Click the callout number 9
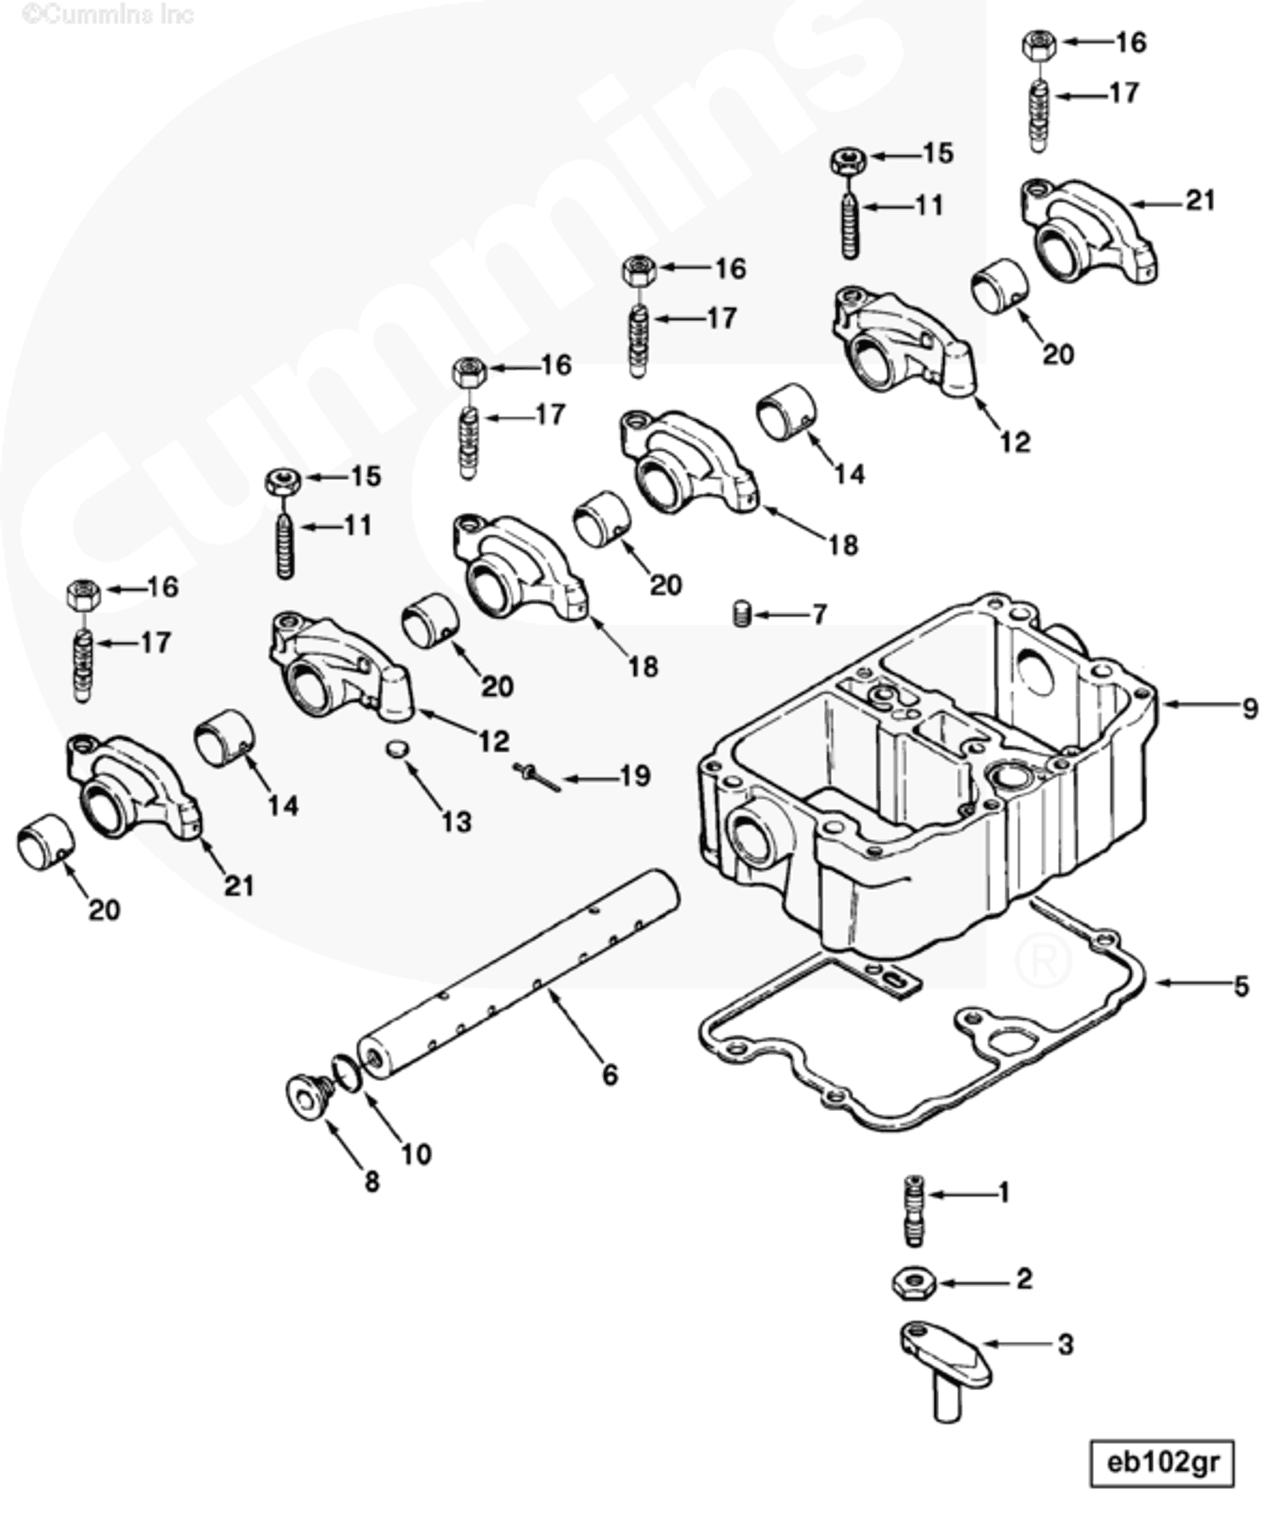[x=1250, y=708]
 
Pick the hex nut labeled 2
[x=912, y=1282]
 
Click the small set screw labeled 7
[x=741, y=614]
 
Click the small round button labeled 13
[x=396, y=748]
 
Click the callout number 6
[x=609, y=1074]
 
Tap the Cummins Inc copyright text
[x=107, y=14]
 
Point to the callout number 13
[x=457, y=823]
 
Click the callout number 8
[x=372, y=1182]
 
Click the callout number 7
[x=820, y=614]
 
